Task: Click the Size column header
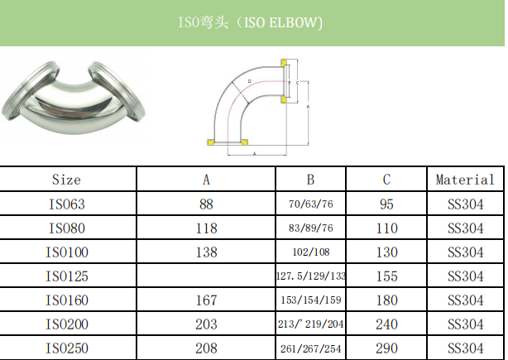(x=66, y=180)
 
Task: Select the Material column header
(x=465, y=180)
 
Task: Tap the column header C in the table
(x=387, y=180)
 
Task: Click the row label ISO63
(x=66, y=204)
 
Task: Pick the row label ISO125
(x=66, y=276)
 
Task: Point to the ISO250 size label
(x=66, y=348)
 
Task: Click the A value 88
(x=207, y=204)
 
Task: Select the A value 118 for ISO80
(x=207, y=228)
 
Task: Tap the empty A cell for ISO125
(x=207, y=276)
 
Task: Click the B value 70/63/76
(x=310, y=204)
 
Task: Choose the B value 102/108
(x=310, y=252)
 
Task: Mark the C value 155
(x=387, y=276)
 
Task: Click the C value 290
(x=387, y=348)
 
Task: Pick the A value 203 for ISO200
(x=207, y=324)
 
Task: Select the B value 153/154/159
(x=310, y=300)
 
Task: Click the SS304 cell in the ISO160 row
(x=465, y=300)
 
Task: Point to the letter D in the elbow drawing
(x=250, y=81)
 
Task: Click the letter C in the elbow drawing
(x=296, y=82)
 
